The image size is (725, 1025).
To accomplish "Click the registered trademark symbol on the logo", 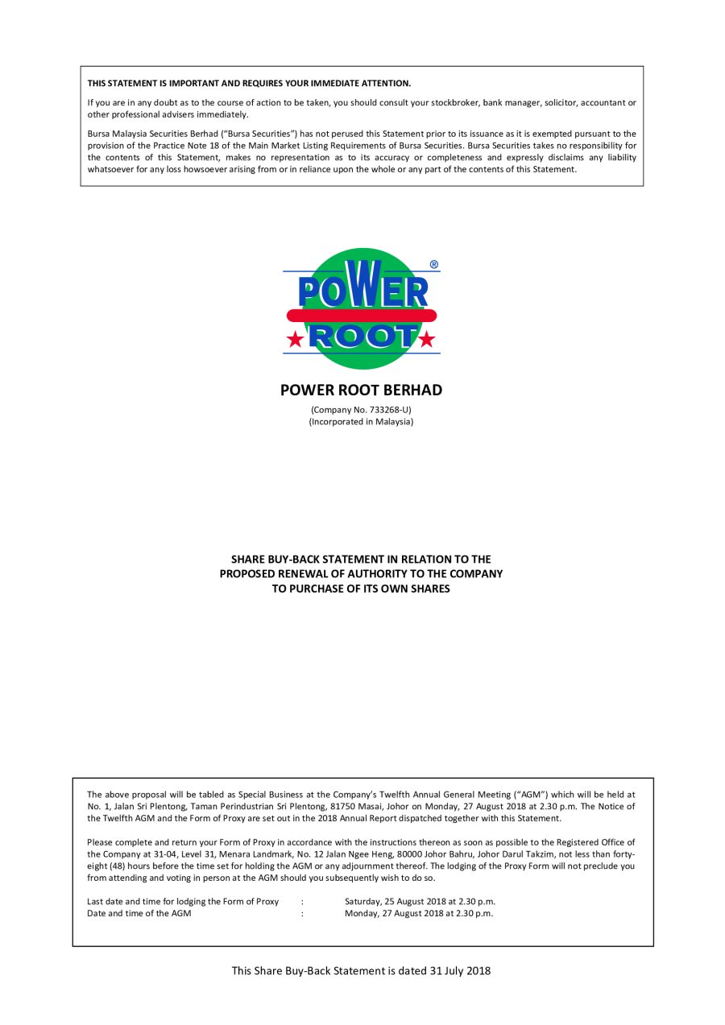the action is (434, 264).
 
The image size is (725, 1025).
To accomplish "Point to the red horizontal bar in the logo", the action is (362, 316).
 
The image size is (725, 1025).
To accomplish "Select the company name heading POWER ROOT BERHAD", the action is (361, 391).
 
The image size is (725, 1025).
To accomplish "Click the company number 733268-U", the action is (379, 410).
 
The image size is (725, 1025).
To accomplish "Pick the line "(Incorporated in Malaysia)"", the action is (361, 422).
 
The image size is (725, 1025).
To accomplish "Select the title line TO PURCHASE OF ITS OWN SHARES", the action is (361, 589).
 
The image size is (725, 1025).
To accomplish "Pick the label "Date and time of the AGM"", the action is (139, 913).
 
